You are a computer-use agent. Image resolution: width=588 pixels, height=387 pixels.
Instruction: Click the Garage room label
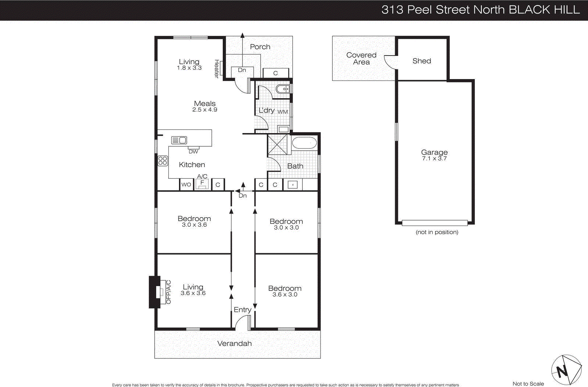coord(434,152)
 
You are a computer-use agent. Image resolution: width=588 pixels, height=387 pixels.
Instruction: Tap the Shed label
coord(422,61)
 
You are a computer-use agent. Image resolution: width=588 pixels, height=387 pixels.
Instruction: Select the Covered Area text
coord(361,58)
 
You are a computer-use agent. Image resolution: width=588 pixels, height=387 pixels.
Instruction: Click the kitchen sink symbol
coord(179,140)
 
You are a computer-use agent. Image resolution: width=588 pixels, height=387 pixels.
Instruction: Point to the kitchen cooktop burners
coord(162,161)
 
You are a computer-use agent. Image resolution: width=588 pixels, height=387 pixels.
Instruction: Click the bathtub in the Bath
coord(304,143)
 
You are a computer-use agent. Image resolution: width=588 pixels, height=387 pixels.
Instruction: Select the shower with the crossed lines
coord(277,144)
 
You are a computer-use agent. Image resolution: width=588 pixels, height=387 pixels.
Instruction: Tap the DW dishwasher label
coord(193,151)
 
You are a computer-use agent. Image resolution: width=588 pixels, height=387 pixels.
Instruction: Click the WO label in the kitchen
coord(186,184)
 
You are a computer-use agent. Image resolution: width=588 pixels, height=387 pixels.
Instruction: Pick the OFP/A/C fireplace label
coord(169,292)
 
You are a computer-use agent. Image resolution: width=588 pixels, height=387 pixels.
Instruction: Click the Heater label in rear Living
coord(217,69)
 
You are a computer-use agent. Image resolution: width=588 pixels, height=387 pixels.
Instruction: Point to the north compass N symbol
coord(562,371)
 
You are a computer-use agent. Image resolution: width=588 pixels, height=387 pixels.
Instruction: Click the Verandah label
coord(234,344)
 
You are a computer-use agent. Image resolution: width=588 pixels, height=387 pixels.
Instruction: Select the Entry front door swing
coord(242,322)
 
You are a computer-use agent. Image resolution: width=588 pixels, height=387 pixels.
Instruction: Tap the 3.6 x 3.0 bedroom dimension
coord(285,295)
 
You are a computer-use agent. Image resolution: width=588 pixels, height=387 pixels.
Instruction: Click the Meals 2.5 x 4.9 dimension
coord(205,110)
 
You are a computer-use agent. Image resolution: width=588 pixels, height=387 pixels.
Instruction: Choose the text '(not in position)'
coord(437,232)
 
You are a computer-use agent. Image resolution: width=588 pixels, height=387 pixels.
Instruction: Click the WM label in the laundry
coord(283,112)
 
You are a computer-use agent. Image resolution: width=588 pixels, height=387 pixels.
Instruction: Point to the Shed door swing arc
coord(390,62)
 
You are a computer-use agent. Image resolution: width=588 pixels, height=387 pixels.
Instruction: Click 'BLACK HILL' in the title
coord(544,10)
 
